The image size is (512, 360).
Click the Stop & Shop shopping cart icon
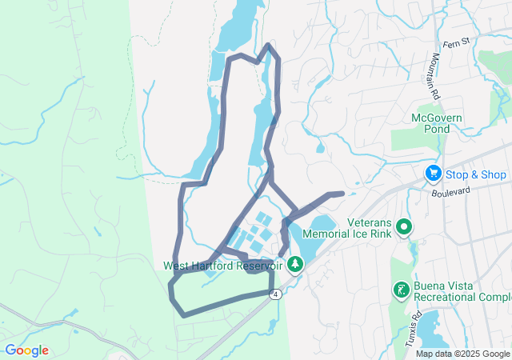433,173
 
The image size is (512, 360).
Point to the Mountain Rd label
436,75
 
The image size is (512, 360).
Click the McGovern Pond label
437,123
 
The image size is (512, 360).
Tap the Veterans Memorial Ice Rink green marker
405,227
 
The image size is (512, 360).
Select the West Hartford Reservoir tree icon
296,263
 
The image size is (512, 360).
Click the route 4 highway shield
275,294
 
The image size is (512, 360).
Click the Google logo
26,350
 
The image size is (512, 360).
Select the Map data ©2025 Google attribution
462,354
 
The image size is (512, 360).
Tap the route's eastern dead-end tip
342,193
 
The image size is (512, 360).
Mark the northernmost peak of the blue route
268,46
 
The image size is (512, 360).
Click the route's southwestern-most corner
183,314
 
